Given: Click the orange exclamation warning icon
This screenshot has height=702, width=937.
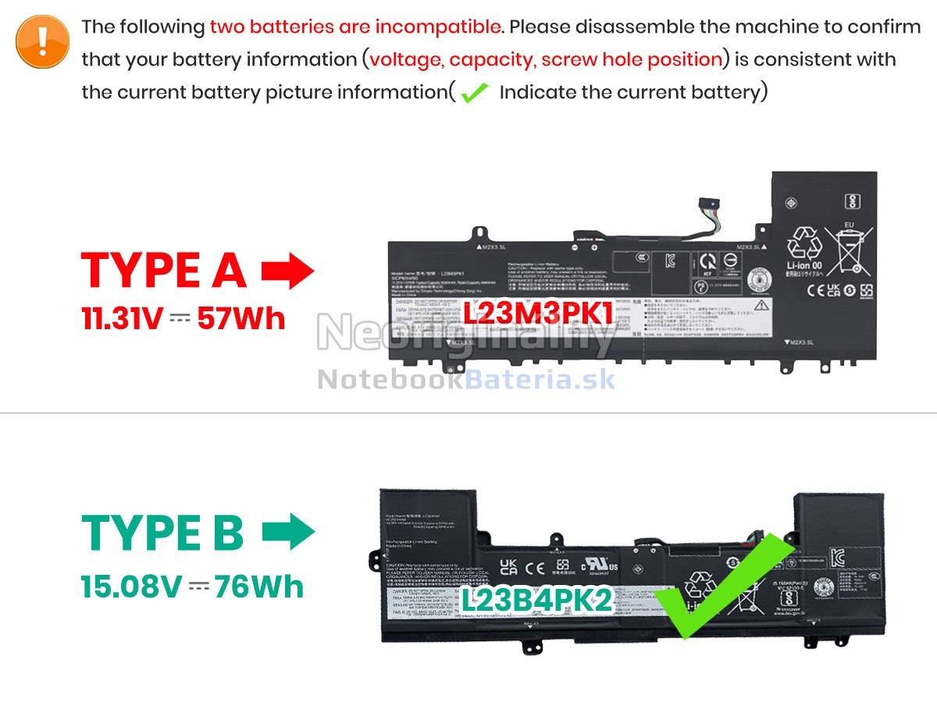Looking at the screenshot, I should tap(42, 42).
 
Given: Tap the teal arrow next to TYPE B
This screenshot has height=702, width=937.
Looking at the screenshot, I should tap(288, 533).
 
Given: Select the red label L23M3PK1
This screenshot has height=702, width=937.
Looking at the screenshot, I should tap(538, 313).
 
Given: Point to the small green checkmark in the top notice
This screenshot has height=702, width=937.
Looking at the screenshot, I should tap(474, 94).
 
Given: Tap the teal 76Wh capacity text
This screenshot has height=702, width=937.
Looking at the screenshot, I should tap(259, 587).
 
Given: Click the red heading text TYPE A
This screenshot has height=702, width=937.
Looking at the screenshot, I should tap(164, 271).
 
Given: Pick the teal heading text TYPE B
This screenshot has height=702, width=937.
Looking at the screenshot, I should tap(163, 533).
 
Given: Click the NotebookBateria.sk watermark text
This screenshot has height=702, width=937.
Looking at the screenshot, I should tap(466, 379).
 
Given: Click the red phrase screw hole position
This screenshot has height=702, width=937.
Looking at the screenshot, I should tap(632, 59).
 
